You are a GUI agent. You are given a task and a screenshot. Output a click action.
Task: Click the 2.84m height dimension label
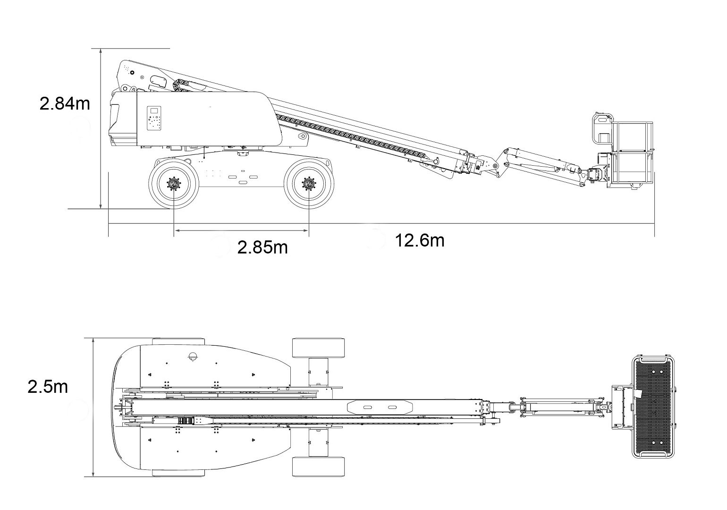(x=65, y=103)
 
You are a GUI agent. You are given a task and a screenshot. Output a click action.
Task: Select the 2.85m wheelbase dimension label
(x=262, y=246)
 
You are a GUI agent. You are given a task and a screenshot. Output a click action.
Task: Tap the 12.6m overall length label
(x=420, y=240)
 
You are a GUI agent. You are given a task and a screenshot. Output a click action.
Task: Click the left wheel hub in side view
(x=174, y=184)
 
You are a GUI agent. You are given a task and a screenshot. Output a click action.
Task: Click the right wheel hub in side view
(x=309, y=184)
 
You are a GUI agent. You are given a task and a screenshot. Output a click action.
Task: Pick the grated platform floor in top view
(x=653, y=407)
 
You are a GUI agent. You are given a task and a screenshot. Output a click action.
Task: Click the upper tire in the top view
(x=319, y=348)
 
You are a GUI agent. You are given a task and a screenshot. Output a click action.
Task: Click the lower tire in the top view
(x=319, y=467)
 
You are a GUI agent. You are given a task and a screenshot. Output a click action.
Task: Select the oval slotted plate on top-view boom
(x=380, y=407)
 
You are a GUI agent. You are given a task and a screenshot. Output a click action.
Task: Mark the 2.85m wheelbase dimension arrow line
(x=241, y=230)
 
